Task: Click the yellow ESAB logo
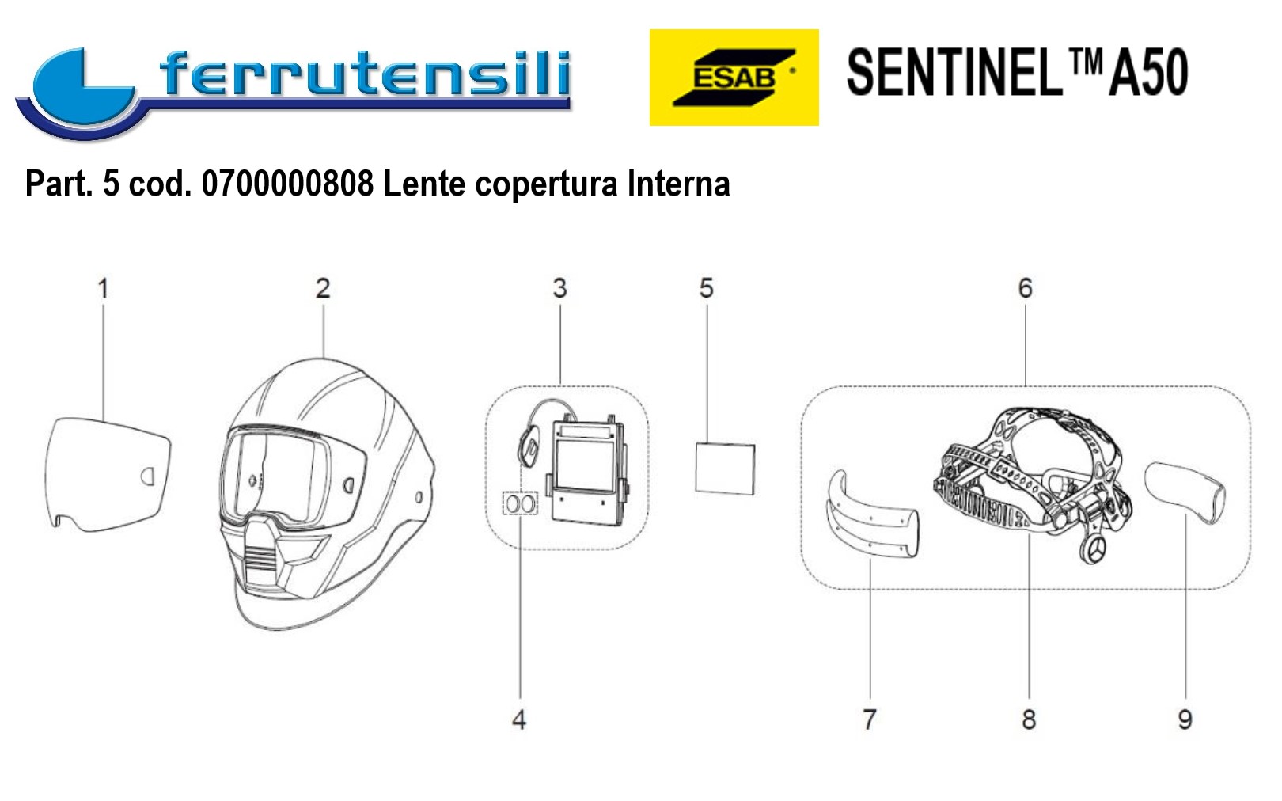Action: point(734,78)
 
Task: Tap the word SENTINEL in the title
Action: point(954,73)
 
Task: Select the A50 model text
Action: point(1148,73)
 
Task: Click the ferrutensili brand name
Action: point(365,74)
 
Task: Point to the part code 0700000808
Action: point(287,184)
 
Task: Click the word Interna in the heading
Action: point(678,184)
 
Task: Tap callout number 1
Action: point(103,288)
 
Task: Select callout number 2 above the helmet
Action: point(323,288)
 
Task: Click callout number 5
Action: point(706,288)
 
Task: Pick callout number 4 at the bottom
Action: point(519,719)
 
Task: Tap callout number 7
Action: point(870,719)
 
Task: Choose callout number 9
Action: point(1185,719)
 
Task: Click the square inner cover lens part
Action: point(725,469)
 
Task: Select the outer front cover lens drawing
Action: point(108,474)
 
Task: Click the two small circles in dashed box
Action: point(520,504)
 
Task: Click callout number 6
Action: point(1025,288)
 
